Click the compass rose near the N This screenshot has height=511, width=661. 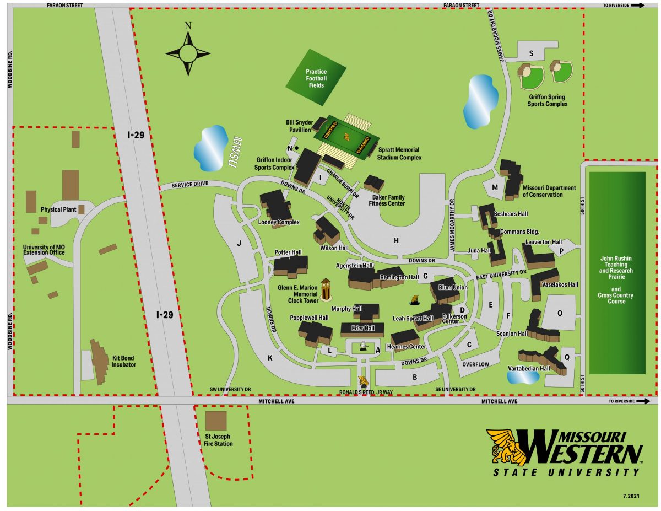point(188,53)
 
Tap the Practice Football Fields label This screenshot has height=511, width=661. point(316,78)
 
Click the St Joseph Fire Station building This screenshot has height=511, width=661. point(215,421)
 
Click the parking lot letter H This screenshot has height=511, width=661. point(395,240)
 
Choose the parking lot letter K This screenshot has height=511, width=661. point(270,358)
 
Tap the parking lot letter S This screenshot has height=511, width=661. point(531,53)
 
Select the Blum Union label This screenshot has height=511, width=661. point(452,288)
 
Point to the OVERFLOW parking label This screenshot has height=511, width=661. point(476,364)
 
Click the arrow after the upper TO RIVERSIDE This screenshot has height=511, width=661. point(637,5)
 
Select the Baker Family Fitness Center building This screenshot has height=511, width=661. point(373,184)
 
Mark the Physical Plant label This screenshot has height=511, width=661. point(59,209)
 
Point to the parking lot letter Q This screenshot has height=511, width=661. point(566,357)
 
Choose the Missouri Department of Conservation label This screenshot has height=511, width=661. point(549,191)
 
